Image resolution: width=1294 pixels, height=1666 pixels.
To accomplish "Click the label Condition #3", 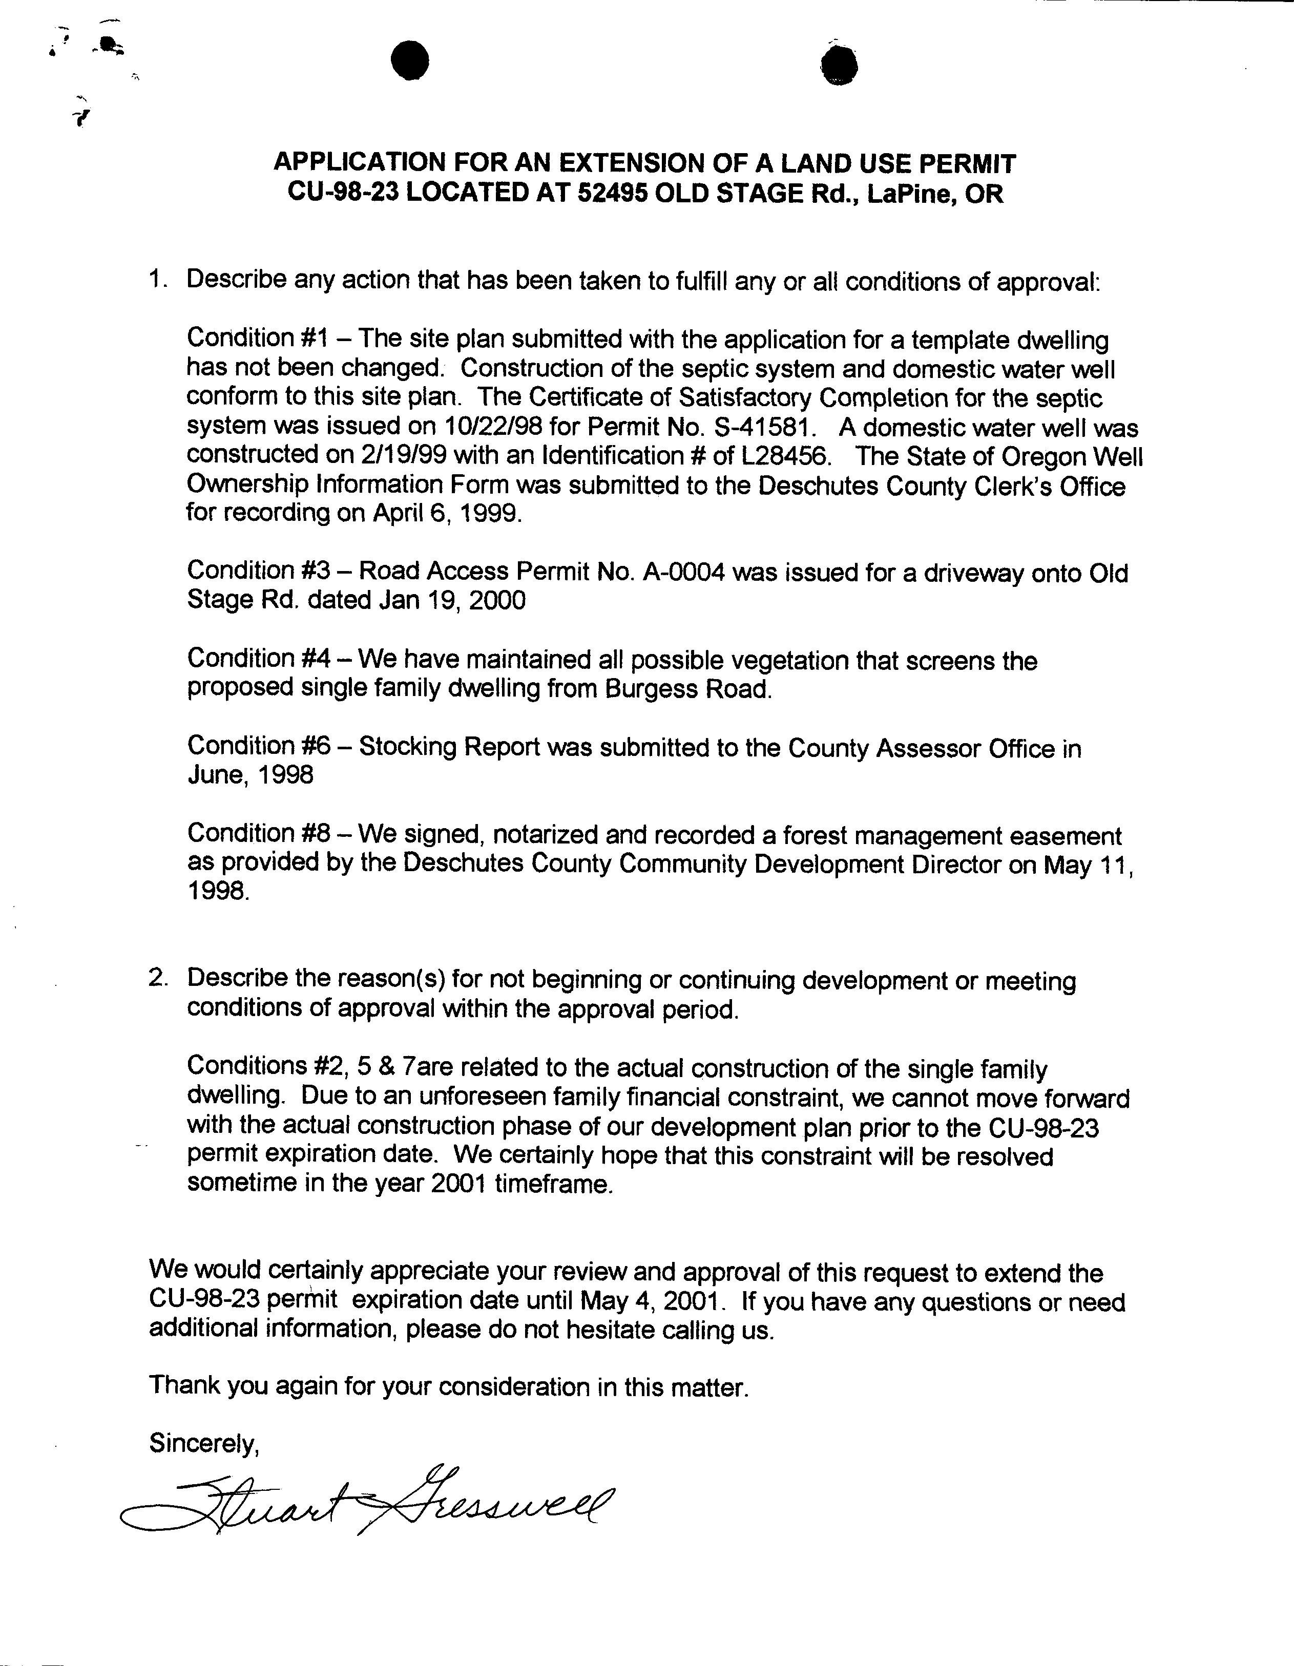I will [258, 570].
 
